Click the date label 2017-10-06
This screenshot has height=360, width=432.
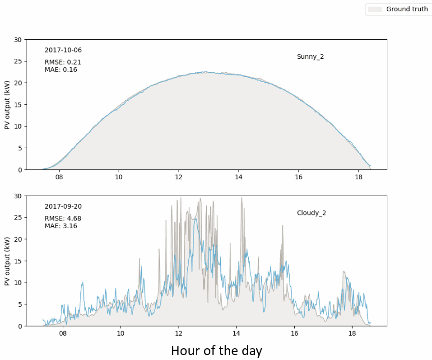[63, 50]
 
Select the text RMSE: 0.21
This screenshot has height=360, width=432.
[63, 62]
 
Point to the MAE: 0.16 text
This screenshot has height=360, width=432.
[61, 70]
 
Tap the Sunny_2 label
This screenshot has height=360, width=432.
[310, 57]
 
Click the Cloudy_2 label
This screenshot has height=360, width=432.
[311, 213]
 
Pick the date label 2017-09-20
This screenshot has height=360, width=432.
[63, 206]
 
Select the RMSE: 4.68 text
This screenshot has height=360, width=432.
[63, 218]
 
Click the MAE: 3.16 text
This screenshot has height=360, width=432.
[61, 226]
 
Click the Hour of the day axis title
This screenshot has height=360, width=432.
[217, 351]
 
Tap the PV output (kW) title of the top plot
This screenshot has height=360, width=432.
[7, 105]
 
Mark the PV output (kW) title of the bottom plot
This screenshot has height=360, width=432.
[7, 261]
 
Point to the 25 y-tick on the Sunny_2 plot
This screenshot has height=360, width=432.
[18, 61]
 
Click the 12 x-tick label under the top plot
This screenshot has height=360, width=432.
[178, 177]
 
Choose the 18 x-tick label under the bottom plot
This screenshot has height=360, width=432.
[352, 333]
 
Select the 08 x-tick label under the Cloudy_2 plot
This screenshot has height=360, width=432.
[63, 333]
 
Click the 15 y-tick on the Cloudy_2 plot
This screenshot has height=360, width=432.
[18, 261]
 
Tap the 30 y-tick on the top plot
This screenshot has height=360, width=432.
[18, 40]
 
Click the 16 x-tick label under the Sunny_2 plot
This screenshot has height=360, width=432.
[299, 177]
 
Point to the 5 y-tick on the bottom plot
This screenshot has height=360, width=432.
[20, 304]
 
